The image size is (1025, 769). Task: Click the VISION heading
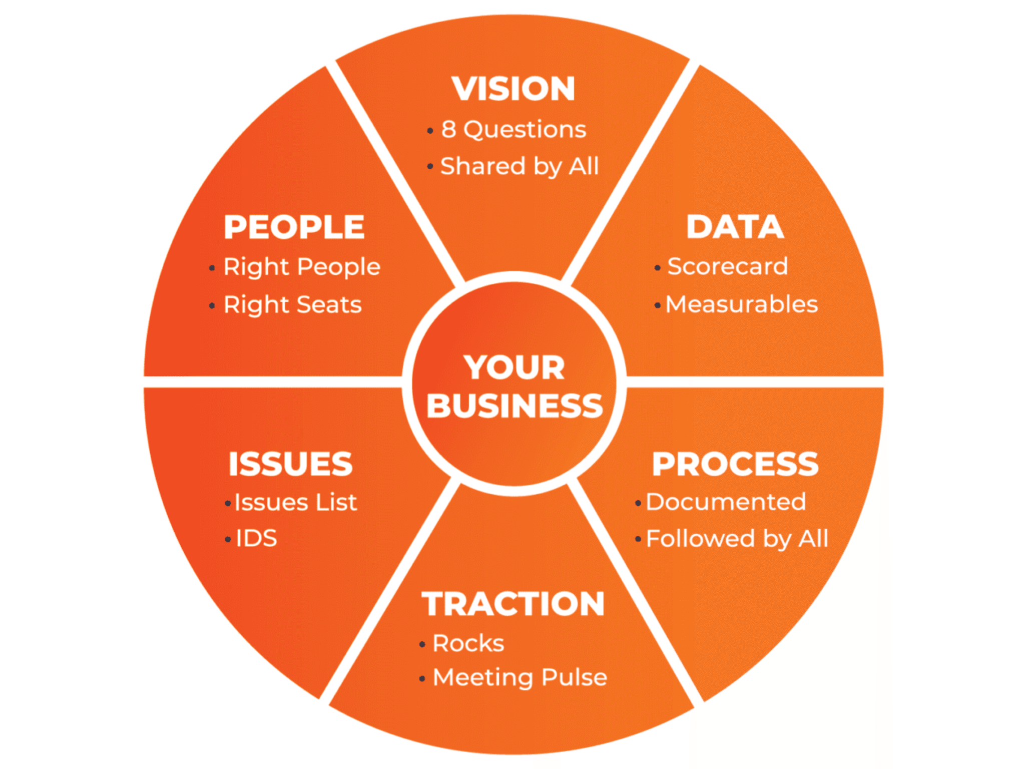pyautogui.click(x=514, y=89)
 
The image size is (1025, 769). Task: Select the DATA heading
pyautogui.click(x=735, y=227)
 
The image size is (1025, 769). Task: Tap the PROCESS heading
pyautogui.click(x=735, y=464)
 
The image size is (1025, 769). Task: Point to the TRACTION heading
pyautogui.click(x=514, y=604)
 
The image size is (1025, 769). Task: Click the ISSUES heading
pyautogui.click(x=291, y=464)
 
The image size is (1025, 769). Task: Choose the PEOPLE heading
pyautogui.click(x=294, y=227)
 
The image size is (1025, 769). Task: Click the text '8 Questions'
pyautogui.click(x=514, y=129)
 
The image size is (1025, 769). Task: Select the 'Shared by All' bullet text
pyautogui.click(x=520, y=166)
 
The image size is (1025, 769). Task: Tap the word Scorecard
pyautogui.click(x=728, y=266)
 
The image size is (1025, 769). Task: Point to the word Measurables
pyautogui.click(x=742, y=304)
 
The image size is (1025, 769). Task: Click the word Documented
pyautogui.click(x=726, y=502)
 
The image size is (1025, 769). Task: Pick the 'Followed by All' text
pyautogui.click(x=737, y=539)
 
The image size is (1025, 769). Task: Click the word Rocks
pyautogui.click(x=468, y=643)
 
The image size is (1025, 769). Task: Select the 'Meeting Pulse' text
pyautogui.click(x=520, y=677)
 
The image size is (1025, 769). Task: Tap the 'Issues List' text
pyautogui.click(x=296, y=502)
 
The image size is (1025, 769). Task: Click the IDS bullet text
pyautogui.click(x=256, y=539)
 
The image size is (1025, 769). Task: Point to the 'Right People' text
pyautogui.click(x=302, y=266)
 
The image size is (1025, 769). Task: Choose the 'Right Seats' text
pyautogui.click(x=293, y=304)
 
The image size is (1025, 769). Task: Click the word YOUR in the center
pyautogui.click(x=514, y=367)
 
